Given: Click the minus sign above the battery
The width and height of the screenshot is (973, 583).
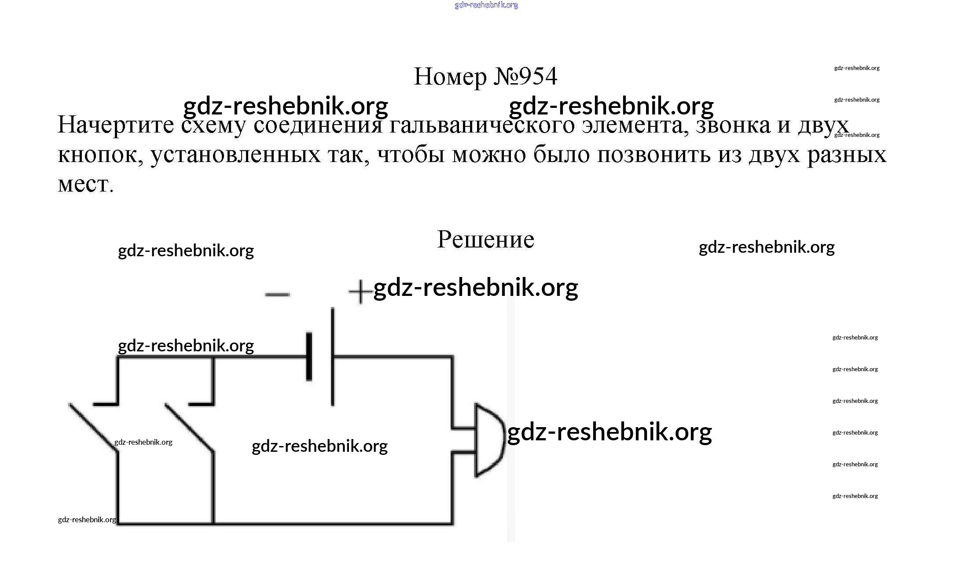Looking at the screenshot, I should pyautogui.click(x=277, y=295).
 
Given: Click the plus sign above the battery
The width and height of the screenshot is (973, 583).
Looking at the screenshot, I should pyautogui.click(x=360, y=291).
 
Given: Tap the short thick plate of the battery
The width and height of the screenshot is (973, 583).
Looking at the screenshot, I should pyautogui.click(x=309, y=356).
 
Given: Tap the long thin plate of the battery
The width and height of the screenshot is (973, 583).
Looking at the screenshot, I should pyautogui.click(x=333, y=356).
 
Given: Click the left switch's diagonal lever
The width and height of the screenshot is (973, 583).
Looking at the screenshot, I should pyautogui.click(x=93, y=427).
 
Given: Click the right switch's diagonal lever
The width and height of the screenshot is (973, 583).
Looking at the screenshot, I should pyautogui.click(x=189, y=427).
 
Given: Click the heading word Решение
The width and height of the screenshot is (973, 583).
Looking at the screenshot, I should pyautogui.click(x=485, y=240).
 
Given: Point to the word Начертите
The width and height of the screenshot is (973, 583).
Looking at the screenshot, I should pyautogui.click(x=116, y=125).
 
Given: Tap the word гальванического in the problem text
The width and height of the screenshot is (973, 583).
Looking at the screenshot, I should pyautogui.click(x=482, y=126).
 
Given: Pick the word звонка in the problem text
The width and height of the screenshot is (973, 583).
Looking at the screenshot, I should pyautogui.click(x=733, y=125).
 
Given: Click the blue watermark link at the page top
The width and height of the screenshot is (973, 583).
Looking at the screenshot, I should pyautogui.click(x=486, y=5).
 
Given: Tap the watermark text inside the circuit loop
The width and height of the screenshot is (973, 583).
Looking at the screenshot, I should pyautogui.click(x=319, y=446).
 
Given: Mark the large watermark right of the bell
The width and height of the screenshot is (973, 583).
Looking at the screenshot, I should pyautogui.click(x=610, y=432).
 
